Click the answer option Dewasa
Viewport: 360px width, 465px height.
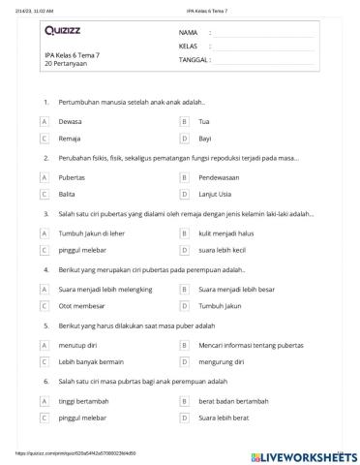(x=70, y=122)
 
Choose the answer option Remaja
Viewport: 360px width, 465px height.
(x=70, y=139)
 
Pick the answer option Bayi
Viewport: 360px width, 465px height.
(x=203, y=139)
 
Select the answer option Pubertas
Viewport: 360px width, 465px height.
(x=73, y=178)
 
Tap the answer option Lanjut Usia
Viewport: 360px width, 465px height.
(x=215, y=195)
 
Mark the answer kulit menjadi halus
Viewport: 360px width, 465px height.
(x=226, y=233)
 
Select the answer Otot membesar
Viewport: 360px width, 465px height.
(x=80, y=305)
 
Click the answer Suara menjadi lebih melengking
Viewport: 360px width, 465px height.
(x=104, y=289)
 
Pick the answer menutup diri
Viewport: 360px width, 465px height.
(x=77, y=344)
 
